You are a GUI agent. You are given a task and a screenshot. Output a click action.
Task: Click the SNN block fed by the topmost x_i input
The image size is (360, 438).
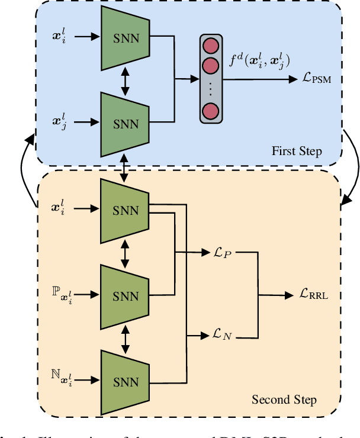coord(125,37)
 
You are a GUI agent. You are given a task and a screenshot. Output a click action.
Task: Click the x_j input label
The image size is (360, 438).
coord(60,123)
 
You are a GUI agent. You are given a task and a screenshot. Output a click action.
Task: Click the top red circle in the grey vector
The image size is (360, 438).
coord(210,47)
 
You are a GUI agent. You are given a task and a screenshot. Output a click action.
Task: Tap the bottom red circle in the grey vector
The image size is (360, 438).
coord(210,111)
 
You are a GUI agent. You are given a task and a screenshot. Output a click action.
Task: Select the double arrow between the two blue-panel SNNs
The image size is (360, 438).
coord(125,80)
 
